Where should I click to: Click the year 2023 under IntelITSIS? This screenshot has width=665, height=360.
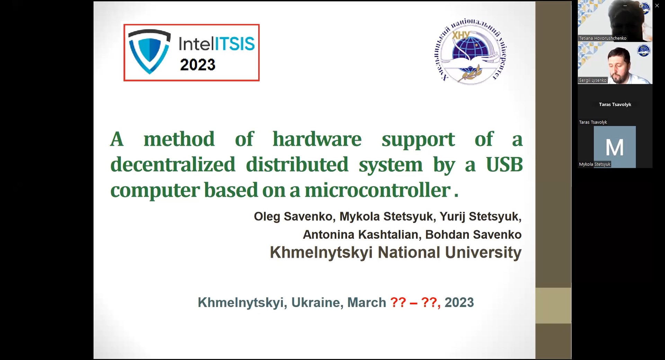tap(198, 65)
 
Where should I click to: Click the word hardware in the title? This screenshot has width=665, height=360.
tap(317, 139)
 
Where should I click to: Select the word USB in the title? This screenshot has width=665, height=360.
tap(504, 164)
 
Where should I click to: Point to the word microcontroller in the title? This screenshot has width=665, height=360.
tap(378, 190)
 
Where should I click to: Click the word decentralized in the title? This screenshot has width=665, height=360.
tap(173, 164)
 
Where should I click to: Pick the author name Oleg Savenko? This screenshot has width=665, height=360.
tap(293, 216)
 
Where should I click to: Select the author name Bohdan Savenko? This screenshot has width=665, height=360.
tap(473, 235)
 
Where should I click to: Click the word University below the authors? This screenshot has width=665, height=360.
tap(483, 252)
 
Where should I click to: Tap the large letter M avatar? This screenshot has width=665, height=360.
tap(615, 147)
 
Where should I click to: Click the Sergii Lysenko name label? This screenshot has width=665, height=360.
tap(593, 80)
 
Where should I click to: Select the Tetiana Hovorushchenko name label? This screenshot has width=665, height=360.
tap(603, 38)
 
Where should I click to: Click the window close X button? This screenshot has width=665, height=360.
tap(657, 6)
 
